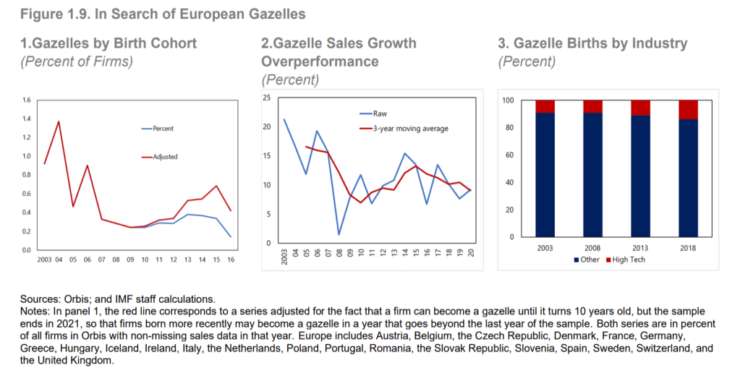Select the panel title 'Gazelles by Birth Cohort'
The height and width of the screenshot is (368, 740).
109,43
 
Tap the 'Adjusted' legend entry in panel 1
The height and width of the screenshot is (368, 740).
165,156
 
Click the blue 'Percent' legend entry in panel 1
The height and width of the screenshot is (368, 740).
163,129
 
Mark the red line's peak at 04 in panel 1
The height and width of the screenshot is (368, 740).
59,121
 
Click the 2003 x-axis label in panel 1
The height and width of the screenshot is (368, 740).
43,258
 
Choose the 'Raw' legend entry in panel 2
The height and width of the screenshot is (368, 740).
380,114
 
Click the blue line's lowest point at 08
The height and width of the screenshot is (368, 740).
339,234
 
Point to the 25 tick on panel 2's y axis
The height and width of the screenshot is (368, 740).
266,98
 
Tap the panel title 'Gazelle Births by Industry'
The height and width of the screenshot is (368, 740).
592,43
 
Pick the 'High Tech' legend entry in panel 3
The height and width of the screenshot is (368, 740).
628,260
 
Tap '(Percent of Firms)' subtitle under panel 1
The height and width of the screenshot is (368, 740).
77,61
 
